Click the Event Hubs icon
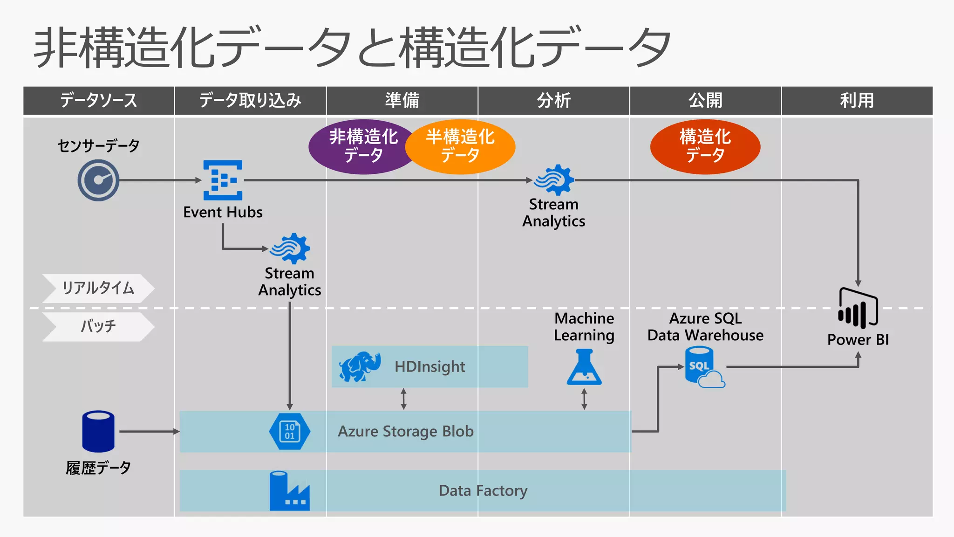(223, 180)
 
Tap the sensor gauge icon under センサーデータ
(98, 180)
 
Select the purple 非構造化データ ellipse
(359, 146)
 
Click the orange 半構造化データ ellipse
(461, 146)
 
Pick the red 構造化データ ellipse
(705, 146)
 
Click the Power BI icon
(858, 308)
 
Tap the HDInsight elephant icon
(359, 366)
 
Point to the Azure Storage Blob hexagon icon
(289, 431)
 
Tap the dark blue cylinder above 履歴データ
(98, 431)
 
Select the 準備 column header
(402, 100)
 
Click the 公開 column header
(705, 100)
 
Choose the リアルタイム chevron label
(98, 288)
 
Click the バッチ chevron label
(98, 326)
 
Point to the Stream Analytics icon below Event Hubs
(290, 248)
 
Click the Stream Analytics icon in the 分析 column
(554, 180)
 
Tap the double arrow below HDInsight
(403, 399)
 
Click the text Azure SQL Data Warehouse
(705, 327)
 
